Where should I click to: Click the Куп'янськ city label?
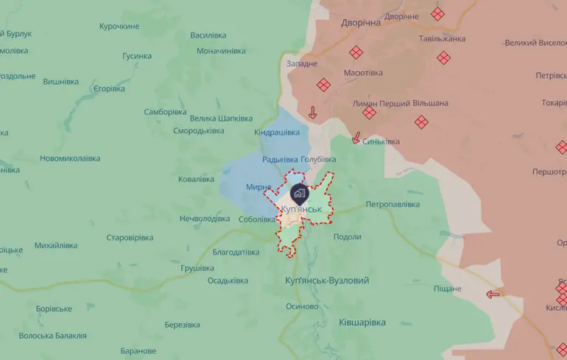tap(301, 210)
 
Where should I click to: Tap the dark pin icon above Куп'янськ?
tap(299, 194)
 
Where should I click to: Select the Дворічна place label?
tap(361, 23)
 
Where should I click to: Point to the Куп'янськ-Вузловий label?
tap(327, 280)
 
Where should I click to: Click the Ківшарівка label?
tap(362, 322)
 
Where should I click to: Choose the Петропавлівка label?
tap(392, 204)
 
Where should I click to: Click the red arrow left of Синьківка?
tap(356, 138)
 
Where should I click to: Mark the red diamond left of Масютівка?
tap(323, 85)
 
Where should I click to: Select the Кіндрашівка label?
tap(277, 133)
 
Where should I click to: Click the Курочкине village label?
tap(119, 27)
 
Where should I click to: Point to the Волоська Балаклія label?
tap(53, 336)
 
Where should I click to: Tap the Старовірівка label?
tap(130, 238)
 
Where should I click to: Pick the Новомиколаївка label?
tap(70, 158)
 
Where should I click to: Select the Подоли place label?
tap(347, 236)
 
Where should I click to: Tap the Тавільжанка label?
tap(442, 38)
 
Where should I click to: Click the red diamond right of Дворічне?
tap(437, 14)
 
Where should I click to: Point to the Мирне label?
tap(258, 187)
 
